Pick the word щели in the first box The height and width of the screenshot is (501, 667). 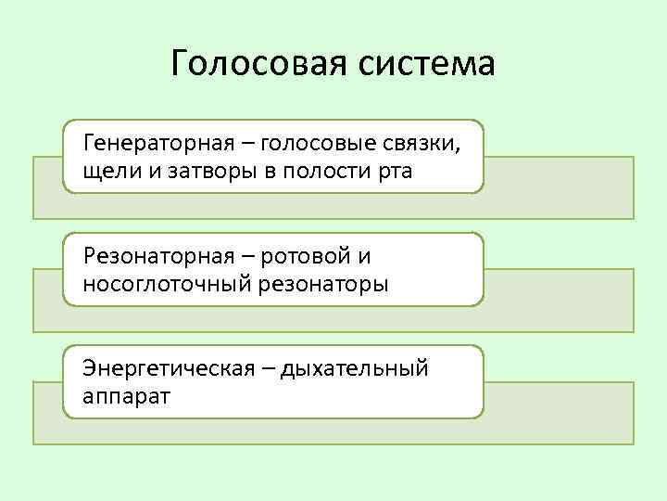[107, 172]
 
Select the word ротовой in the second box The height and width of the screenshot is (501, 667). [307, 256]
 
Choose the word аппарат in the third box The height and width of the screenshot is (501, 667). [120, 396]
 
